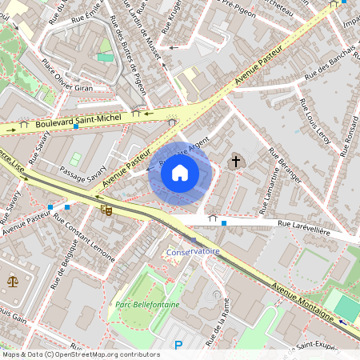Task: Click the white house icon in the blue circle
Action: coord(180,172)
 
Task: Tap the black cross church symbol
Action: coord(235,162)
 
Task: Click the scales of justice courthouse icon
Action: coord(12,282)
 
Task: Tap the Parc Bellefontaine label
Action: coord(147,304)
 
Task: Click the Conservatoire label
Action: coord(193,252)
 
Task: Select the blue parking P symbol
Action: coord(178,345)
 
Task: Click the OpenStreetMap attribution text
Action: coord(80,354)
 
